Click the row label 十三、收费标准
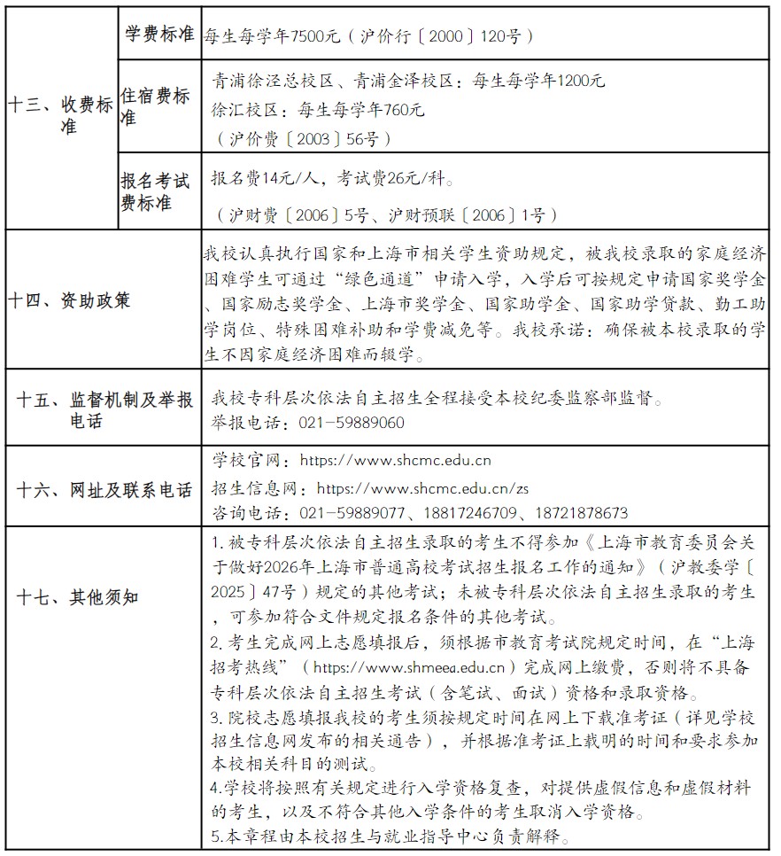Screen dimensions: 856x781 coord(60,115)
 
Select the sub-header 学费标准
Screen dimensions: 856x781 coord(157,34)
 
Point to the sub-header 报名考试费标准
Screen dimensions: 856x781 coord(155,192)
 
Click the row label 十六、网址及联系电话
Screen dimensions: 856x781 coord(104,490)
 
